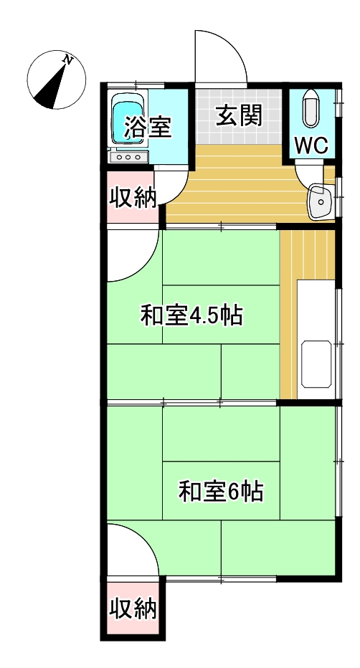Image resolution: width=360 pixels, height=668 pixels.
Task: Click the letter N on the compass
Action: tap(67, 59)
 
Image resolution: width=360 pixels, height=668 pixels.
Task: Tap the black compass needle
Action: tap(50, 87)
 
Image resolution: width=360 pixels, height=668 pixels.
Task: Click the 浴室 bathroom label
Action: tap(148, 126)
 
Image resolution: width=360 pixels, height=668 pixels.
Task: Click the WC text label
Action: tap(312, 145)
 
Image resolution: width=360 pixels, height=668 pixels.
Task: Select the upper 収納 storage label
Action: tap(133, 198)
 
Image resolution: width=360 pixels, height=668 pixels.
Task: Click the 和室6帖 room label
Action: tap(221, 491)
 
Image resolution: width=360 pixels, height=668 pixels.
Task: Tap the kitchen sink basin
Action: tap(316, 364)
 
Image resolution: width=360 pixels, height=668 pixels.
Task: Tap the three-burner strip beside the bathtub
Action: tap(128, 157)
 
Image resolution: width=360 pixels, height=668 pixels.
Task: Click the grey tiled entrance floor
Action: tap(239, 116)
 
